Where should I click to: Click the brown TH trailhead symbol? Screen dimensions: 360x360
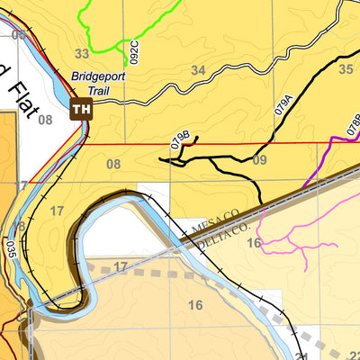82,110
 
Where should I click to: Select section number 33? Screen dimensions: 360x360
83,54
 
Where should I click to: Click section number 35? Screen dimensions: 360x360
346,67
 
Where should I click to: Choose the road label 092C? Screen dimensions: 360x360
134,52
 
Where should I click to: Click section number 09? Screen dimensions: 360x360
260,161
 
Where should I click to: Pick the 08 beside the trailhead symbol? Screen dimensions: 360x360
47,120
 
